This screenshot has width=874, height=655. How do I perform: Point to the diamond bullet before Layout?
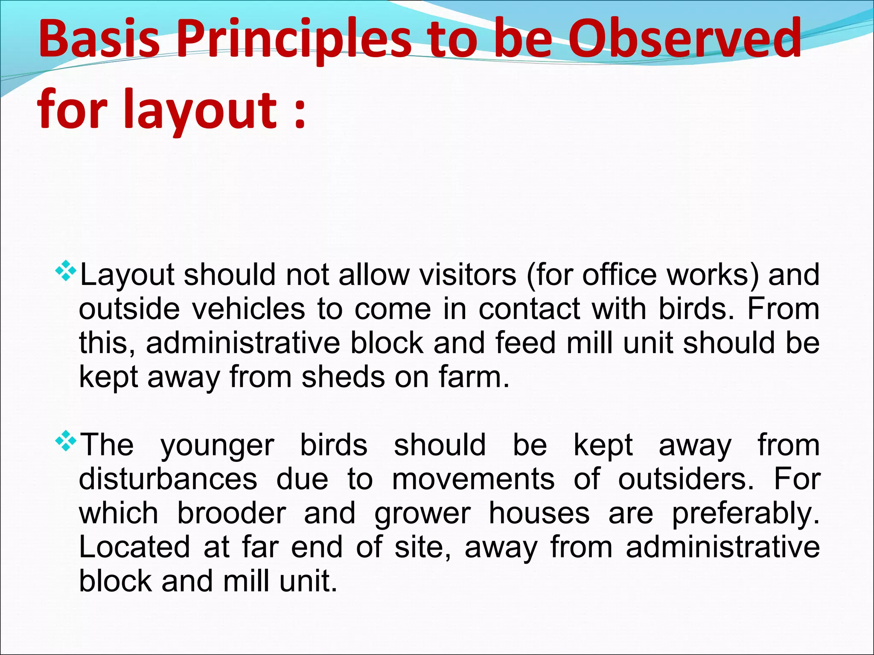(x=66, y=272)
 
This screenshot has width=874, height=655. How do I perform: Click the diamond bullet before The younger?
(x=66, y=441)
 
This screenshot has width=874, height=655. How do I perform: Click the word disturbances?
(x=168, y=479)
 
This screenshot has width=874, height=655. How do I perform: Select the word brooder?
(x=231, y=513)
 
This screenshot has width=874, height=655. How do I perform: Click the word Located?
(x=134, y=548)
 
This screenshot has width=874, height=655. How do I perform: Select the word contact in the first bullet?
(x=529, y=309)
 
